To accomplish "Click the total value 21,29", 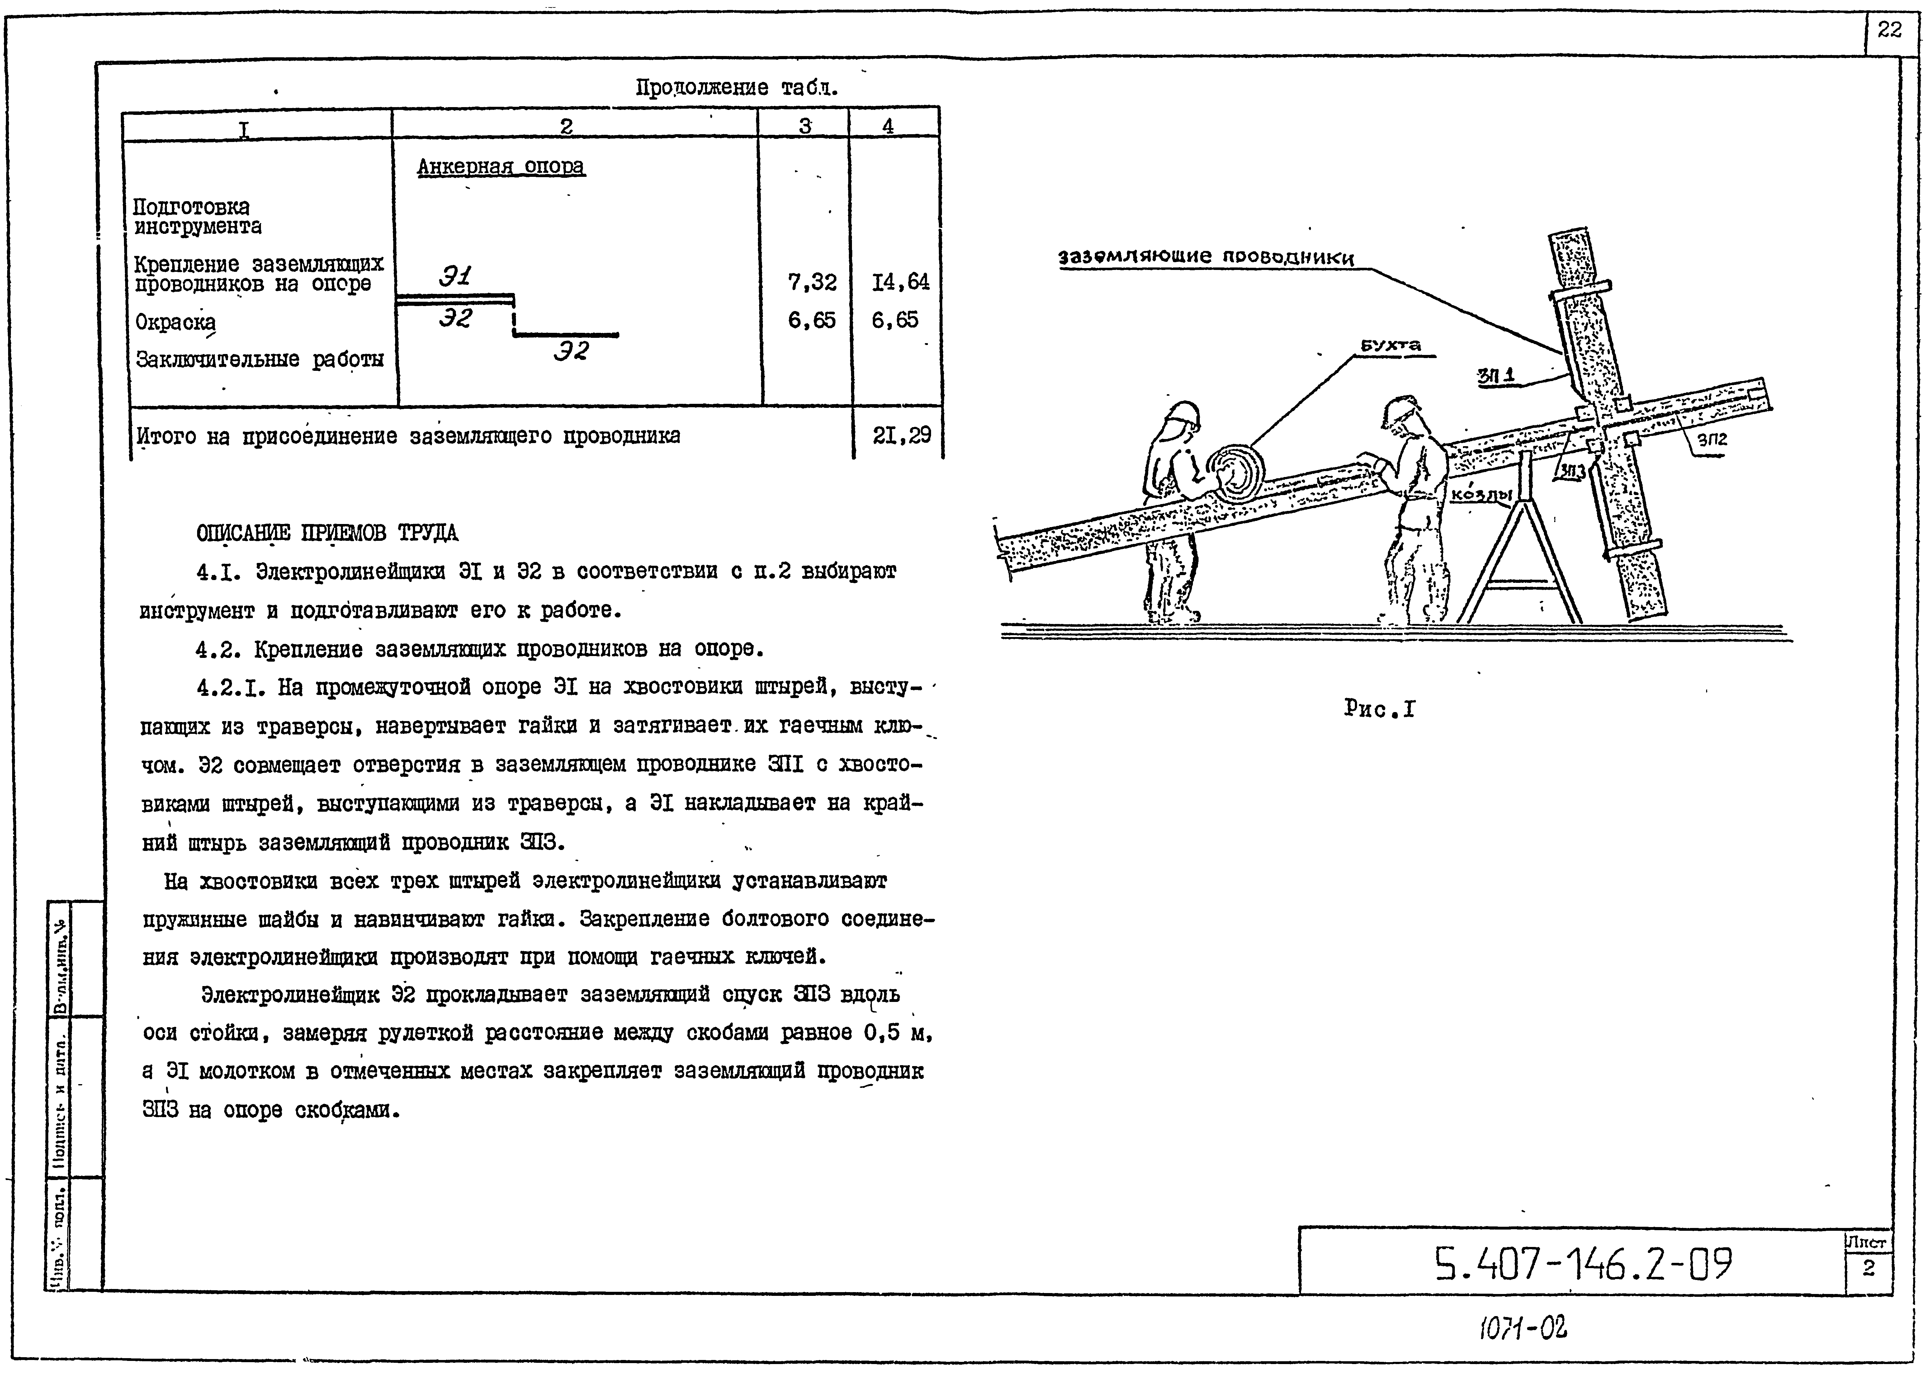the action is pyautogui.click(x=901, y=436).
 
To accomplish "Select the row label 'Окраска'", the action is pyautogui.click(x=175, y=322).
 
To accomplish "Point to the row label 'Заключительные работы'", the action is pyautogui.click(x=260, y=360).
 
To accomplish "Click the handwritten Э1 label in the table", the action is pyautogui.click(x=455, y=276).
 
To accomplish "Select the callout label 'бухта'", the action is pyautogui.click(x=1390, y=345).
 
